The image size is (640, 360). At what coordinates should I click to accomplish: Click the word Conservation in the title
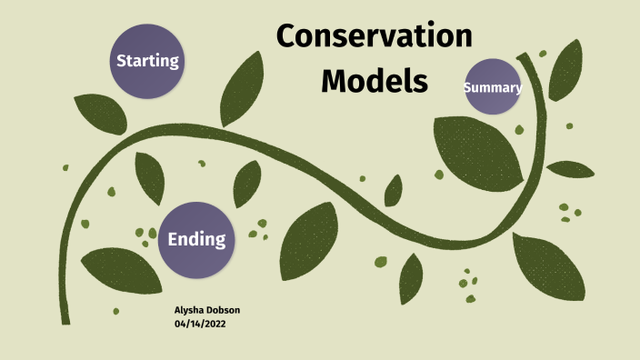375,36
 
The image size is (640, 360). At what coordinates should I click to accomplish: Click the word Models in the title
375,80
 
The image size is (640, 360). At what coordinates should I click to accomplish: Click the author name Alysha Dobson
207,311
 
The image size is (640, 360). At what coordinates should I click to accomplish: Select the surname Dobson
225,311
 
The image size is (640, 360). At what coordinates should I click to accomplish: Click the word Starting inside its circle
146,62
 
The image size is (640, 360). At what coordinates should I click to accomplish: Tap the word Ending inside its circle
196,240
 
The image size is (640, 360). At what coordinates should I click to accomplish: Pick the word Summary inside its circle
493,88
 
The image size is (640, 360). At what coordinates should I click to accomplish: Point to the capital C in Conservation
286,36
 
